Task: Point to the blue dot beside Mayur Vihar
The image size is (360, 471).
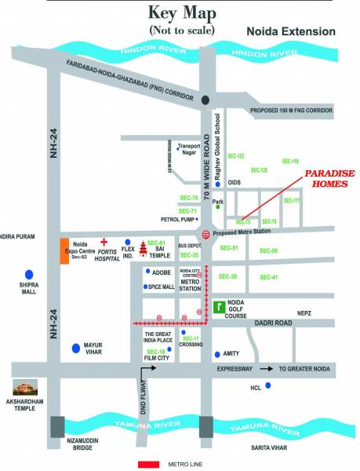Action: pyautogui.click(x=75, y=346)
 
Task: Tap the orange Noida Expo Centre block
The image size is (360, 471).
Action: pyautogui.click(x=65, y=250)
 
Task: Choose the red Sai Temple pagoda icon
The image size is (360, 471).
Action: pyautogui.click(x=142, y=248)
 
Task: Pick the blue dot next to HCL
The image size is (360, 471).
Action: pyautogui.click(x=269, y=385)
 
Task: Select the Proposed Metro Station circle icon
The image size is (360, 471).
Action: pyautogui.click(x=205, y=234)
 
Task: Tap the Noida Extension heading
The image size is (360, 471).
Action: pyautogui.click(x=291, y=32)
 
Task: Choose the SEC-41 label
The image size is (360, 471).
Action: pyautogui.click(x=268, y=277)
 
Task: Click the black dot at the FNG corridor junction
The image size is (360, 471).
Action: pyautogui.click(x=205, y=99)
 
